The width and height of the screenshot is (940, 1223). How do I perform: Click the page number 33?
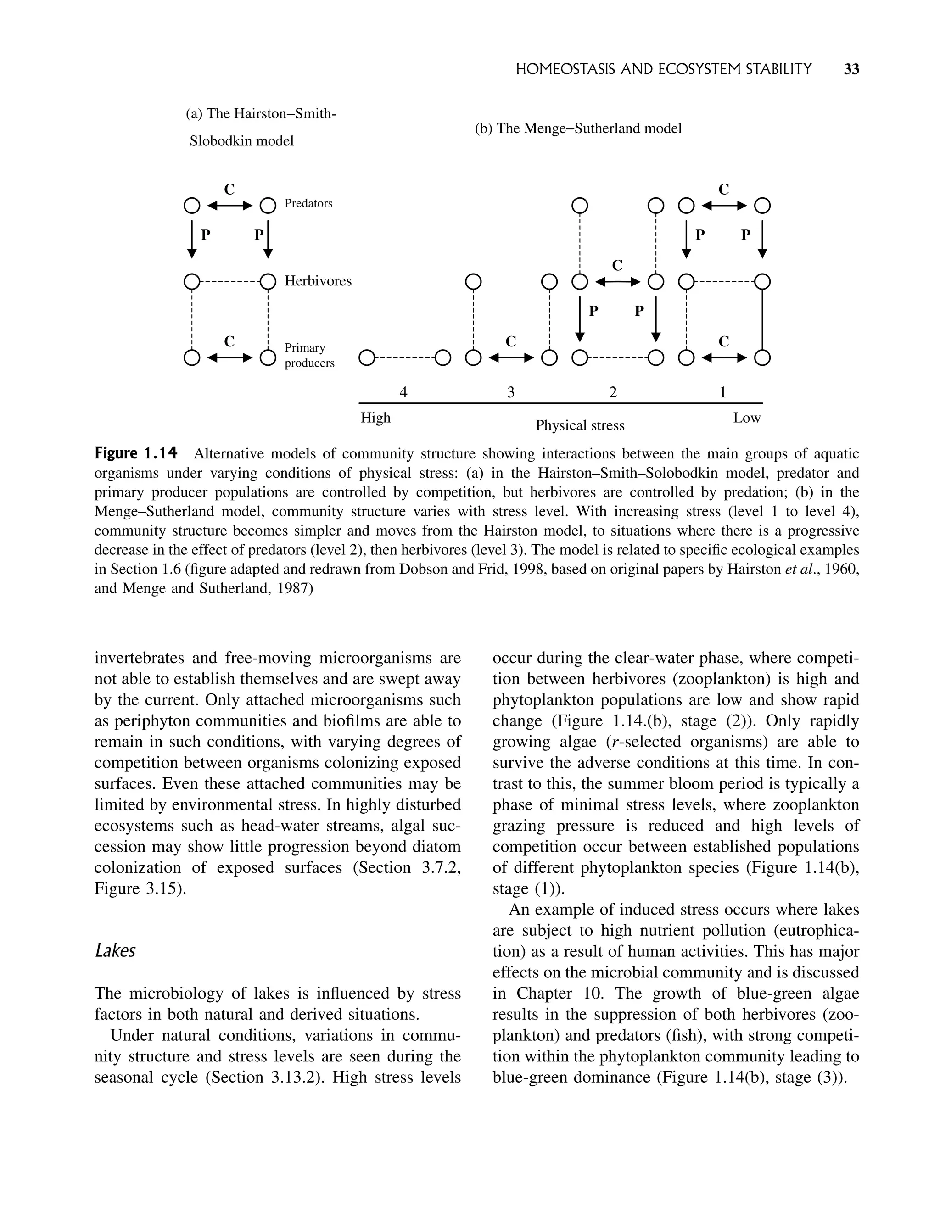coord(850,69)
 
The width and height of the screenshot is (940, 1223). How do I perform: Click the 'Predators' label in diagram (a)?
coord(308,203)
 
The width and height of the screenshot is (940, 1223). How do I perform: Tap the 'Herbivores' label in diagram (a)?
coord(318,280)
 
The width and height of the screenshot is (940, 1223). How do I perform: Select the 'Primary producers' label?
coord(309,355)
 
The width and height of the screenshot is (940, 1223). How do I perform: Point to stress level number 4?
coord(403,392)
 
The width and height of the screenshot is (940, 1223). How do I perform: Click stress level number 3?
coord(510,392)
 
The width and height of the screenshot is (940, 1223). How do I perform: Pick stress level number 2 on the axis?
coord(613,392)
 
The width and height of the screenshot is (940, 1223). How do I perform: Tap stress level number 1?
coord(722,392)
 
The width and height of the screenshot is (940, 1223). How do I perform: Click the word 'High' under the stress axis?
coord(375,418)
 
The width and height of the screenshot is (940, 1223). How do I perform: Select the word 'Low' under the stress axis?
coord(747,418)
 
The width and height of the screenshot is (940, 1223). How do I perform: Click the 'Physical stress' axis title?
coord(580,425)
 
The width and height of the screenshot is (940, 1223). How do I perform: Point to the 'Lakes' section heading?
coord(115,950)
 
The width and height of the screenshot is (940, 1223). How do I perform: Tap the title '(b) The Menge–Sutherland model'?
coord(578,128)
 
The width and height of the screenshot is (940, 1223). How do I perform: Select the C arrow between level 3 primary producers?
coord(511,357)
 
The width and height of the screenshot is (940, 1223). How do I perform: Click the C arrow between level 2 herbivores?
coord(617,281)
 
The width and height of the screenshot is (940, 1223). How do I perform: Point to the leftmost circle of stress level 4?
coord(366,357)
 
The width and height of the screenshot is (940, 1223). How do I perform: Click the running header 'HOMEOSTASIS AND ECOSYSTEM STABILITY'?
coord(663,69)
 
